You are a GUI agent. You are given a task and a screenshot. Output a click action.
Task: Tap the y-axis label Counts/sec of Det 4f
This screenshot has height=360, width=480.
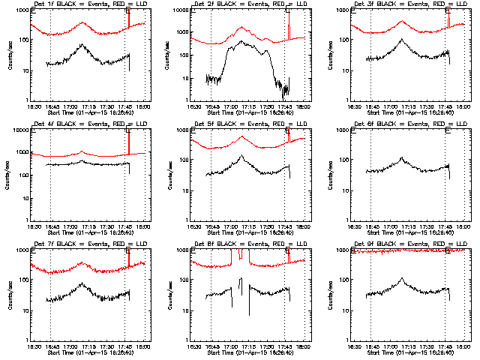pyautogui.click(x=9, y=174)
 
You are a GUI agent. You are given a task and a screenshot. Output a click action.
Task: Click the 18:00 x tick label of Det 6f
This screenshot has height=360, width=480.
pyautogui.click(x=463, y=227)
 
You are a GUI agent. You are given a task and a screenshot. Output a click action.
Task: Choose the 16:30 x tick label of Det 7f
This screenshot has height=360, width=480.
pyautogui.click(x=33, y=347)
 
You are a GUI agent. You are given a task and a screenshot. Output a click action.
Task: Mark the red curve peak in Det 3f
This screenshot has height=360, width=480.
pyautogui.click(x=402, y=22)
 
